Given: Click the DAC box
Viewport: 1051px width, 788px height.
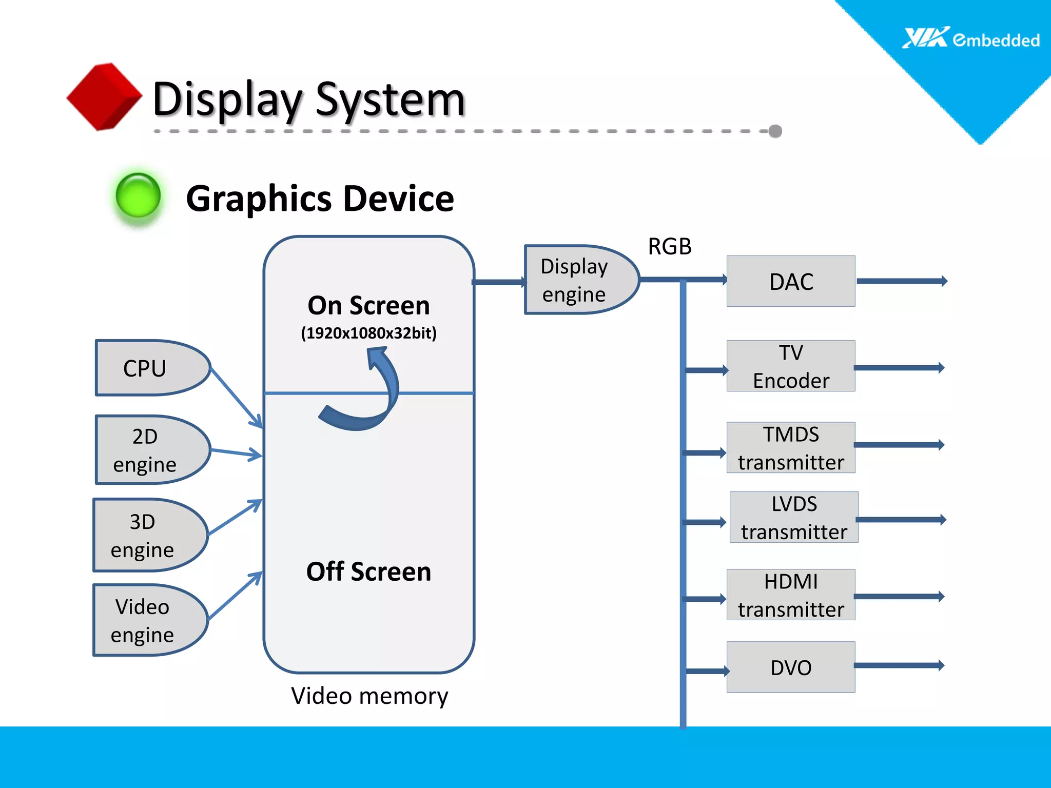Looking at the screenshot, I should coord(790,281).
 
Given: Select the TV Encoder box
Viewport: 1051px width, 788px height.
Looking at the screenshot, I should coord(790,366).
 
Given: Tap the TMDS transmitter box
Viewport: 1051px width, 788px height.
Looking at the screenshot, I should coord(790,448).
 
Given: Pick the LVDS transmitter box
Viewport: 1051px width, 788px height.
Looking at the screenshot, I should coord(793,517).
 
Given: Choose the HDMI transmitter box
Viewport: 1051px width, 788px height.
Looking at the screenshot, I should coord(790,595).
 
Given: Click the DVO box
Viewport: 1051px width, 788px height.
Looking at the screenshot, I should coord(790,667).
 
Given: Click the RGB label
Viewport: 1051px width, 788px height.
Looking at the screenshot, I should coord(669,247).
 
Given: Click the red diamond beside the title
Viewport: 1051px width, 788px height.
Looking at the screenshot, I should coord(104,96).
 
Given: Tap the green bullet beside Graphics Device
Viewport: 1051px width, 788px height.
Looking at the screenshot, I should coord(138,195).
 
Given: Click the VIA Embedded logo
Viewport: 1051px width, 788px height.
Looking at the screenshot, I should coord(970,38).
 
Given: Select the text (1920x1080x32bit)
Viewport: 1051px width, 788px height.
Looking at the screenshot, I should coord(368,333).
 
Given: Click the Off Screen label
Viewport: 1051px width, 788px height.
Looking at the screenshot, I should coord(368,572).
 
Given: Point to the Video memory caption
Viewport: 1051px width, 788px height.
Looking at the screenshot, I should coord(369,696).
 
